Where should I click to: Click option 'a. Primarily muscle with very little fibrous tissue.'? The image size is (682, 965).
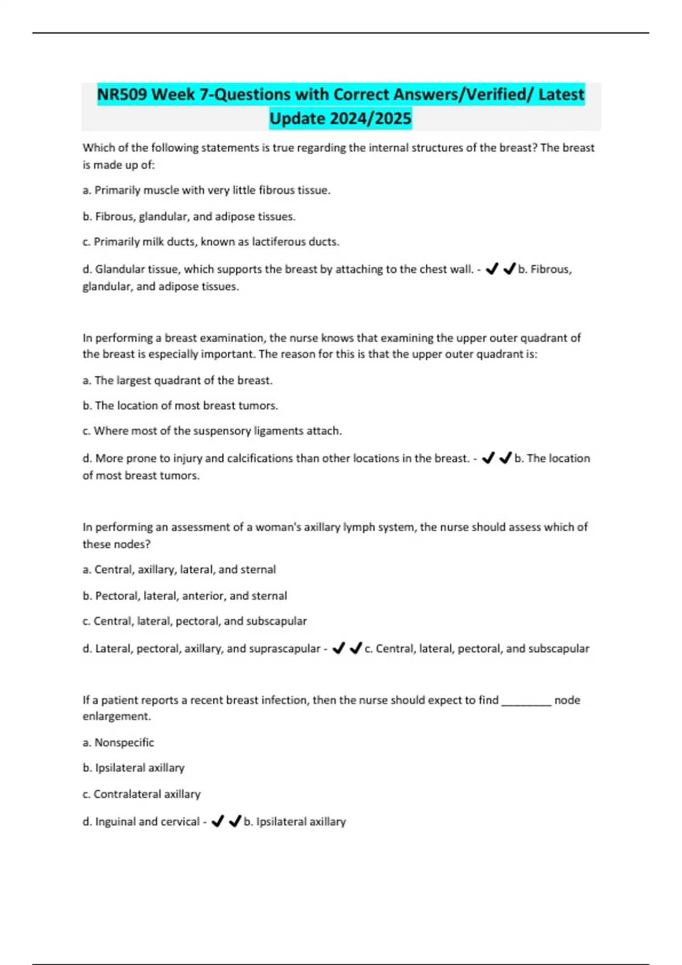[x=206, y=190]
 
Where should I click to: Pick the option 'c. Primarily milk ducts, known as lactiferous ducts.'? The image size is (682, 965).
[x=211, y=242]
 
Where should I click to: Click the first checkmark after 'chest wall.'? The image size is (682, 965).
[x=492, y=269]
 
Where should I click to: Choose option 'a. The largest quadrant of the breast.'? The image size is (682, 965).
[x=177, y=380]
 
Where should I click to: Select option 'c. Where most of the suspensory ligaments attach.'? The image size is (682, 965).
[x=212, y=431]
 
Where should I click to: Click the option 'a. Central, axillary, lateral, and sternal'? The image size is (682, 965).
[x=179, y=569]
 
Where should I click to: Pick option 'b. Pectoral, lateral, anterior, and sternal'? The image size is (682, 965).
[x=185, y=595]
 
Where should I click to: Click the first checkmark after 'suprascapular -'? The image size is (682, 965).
[x=338, y=648]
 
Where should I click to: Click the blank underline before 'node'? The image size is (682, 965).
[x=526, y=700]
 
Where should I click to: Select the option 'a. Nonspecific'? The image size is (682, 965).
[x=118, y=742]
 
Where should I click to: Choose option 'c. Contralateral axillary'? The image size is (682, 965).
[x=141, y=794]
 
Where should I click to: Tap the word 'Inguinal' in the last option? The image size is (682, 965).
[x=115, y=821]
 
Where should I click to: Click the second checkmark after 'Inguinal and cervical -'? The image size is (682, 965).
[x=235, y=821]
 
